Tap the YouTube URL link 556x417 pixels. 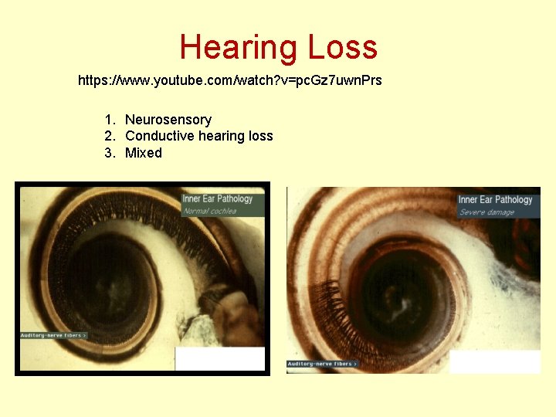230,80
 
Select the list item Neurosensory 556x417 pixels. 168,120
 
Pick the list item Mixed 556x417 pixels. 144,153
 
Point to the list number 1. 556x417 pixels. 109,120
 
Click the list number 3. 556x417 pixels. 109,153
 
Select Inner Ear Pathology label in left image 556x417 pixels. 217,199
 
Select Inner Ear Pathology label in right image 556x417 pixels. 495,200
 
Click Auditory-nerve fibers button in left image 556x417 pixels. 53,335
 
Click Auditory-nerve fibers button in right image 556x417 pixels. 321,364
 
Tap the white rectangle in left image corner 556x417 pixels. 220,358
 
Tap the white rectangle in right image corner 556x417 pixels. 494,362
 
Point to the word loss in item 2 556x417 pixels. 259,136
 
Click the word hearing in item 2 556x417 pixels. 221,136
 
